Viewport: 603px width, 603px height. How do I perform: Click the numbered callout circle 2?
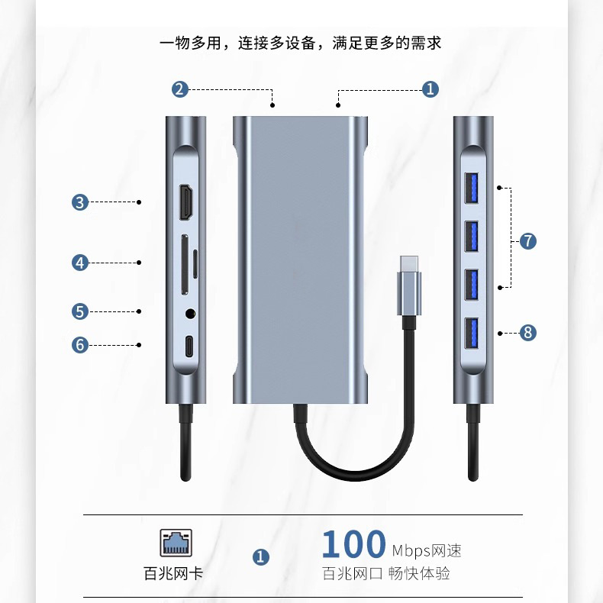pos(179,89)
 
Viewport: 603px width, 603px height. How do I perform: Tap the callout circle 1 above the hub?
pos(430,89)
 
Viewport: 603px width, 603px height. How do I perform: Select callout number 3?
pos(80,202)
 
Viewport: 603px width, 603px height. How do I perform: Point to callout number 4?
pos(80,263)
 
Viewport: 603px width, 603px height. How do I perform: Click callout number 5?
pos(80,311)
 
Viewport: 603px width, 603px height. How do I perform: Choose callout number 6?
pos(80,344)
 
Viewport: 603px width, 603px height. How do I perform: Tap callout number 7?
pos(528,241)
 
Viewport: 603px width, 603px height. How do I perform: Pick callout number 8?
pos(528,332)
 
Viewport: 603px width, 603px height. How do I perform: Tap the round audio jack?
pos(189,311)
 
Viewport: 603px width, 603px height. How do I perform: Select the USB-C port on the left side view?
pos(189,345)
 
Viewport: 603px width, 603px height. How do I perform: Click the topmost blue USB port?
pos(471,189)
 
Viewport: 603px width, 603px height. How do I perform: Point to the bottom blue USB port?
pos(471,333)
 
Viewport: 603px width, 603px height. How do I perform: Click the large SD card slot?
pos(184,263)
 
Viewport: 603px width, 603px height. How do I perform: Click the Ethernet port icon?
pos(176,543)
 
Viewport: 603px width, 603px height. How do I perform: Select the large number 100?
pos(353,545)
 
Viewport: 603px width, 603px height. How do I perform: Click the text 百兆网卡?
pos(174,573)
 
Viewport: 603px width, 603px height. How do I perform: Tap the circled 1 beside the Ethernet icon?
pos(261,557)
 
